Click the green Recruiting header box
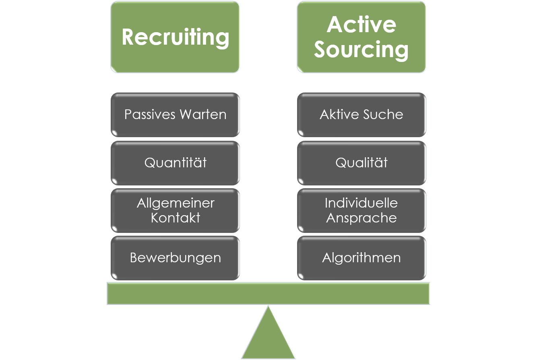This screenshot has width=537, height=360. tap(175, 37)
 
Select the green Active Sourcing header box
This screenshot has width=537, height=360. tap(361, 37)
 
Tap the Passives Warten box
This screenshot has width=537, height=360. tap(175, 115)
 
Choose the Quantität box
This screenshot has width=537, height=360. tap(175, 163)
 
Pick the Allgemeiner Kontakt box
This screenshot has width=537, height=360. tap(175, 210)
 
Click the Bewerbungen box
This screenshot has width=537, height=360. tap(175, 258)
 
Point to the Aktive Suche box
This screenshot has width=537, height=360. tap(361, 115)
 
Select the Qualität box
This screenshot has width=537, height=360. tap(361, 163)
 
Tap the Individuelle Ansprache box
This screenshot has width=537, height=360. tap(361, 210)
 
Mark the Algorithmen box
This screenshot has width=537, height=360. tap(361, 258)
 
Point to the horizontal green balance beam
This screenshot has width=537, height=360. tap(268, 293)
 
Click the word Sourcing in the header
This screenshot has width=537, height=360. tap(361, 50)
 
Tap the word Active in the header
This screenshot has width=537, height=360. tap(361, 25)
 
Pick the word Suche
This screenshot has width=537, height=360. tap(383, 115)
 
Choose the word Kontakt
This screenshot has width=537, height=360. tap(176, 218)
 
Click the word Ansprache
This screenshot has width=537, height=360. tap(361, 218)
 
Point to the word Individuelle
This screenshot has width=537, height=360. tap(361, 203)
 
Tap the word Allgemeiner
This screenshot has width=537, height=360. tap(176, 203)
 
